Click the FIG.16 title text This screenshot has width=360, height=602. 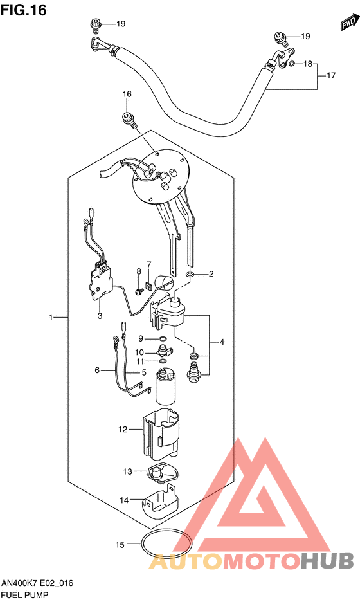[x=23, y=10]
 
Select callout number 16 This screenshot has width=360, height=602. [x=127, y=94]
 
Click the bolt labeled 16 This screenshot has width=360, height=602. [x=129, y=120]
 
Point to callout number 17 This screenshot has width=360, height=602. [x=331, y=76]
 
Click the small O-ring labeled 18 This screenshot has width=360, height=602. [x=292, y=63]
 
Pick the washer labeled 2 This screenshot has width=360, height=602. [x=189, y=275]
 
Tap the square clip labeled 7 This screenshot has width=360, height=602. [x=148, y=286]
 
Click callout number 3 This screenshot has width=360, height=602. [x=100, y=316]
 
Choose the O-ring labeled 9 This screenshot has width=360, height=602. [x=163, y=338]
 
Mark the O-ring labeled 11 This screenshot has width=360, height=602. [x=163, y=361]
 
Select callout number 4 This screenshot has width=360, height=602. [x=222, y=342]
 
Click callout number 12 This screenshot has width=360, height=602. [x=123, y=429]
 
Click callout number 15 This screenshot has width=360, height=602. [x=120, y=544]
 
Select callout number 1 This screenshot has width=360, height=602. [x=51, y=318]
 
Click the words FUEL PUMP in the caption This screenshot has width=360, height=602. [x=25, y=595]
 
